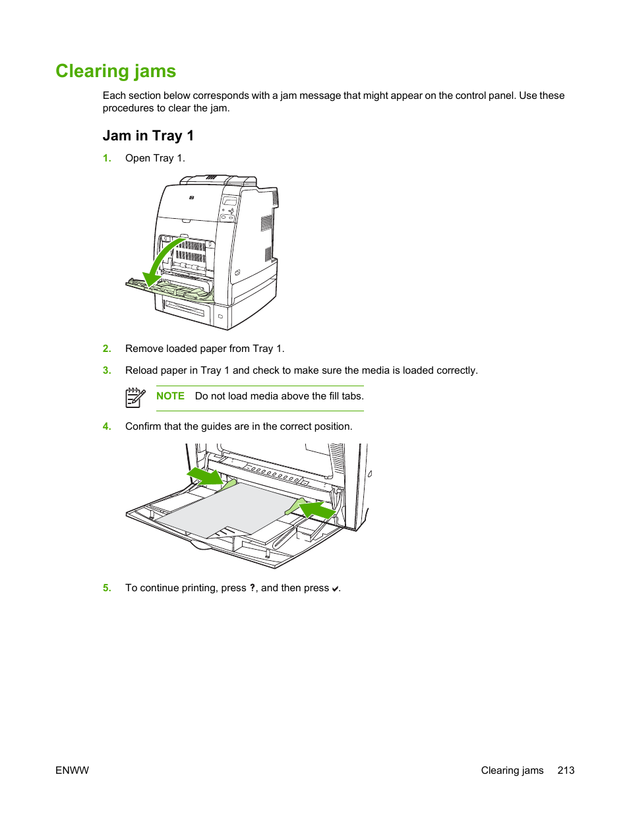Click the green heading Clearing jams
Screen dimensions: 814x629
pyautogui.click(x=115, y=71)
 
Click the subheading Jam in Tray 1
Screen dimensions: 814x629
pyautogui.click(x=148, y=136)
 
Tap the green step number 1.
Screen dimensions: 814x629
pyautogui.click(x=107, y=158)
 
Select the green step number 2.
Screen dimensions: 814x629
pyautogui.click(x=107, y=349)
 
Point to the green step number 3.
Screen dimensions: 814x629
pyautogui.click(x=107, y=370)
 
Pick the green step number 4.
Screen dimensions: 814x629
pyautogui.click(x=107, y=426)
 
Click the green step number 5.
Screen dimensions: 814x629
pyautogui.click(x=107, y=588)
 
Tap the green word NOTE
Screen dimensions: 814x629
pyautogui.click(x=170, y=396)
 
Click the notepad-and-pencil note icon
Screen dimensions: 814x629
pyautogui.click(x=135, y=397)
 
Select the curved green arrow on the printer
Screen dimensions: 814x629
pyautogui.click(x=162, y=260)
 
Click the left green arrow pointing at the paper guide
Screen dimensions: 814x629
pyautogui.click(x=205, y=476)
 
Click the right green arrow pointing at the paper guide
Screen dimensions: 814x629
pyautogui.click(x=318, y=509)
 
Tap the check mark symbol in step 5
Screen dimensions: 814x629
pyautogui.click(x=335, y=589)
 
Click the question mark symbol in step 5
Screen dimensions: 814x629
pyautogui.click(x=253, y=588)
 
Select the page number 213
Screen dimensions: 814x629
pyautogui.click(x=566, y=770)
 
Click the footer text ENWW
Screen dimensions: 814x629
pyautogui.click(x=72, y=770)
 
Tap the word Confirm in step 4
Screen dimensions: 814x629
pyautogui.click(x=143, y=426)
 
